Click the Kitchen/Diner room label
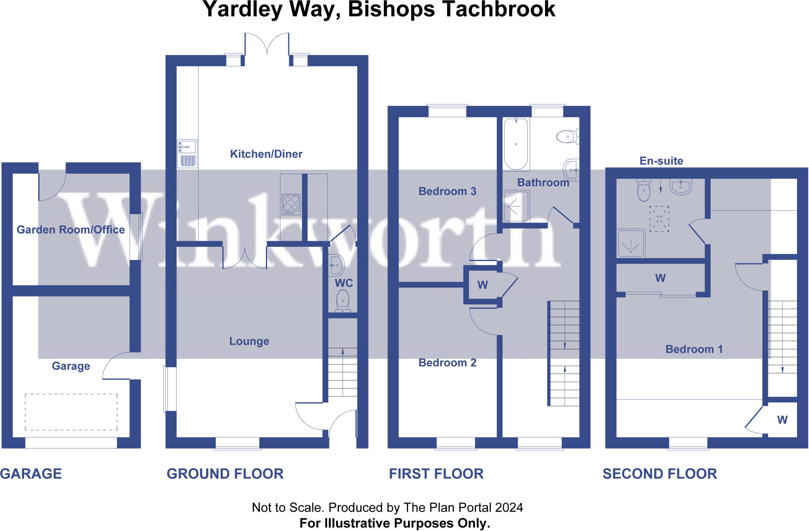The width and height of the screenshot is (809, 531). coord(266,154)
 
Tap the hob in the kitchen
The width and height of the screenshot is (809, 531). coord(291,205)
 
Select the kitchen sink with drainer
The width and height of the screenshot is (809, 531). coord(187,154)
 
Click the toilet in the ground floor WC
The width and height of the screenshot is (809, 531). coord(343,301)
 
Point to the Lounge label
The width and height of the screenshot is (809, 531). coord(249,341)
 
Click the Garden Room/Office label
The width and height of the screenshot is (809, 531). coord(71,230)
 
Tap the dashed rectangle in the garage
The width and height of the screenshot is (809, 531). coord(71,412)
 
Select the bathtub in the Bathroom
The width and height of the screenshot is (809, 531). coord(516,144)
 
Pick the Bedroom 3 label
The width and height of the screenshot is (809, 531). coord(447,191)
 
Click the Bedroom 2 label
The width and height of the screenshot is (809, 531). coord(447,363)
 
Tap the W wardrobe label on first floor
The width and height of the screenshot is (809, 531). coord(482,285)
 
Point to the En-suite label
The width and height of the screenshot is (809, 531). coord(661,161)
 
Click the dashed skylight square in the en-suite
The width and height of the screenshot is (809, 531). coord(659,219)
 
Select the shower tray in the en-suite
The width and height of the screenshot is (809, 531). coord(631,243)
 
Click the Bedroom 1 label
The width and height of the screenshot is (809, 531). coord(694,349)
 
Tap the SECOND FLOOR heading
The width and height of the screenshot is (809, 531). coord(660,474)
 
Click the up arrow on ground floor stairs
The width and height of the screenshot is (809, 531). coord(343,352)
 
